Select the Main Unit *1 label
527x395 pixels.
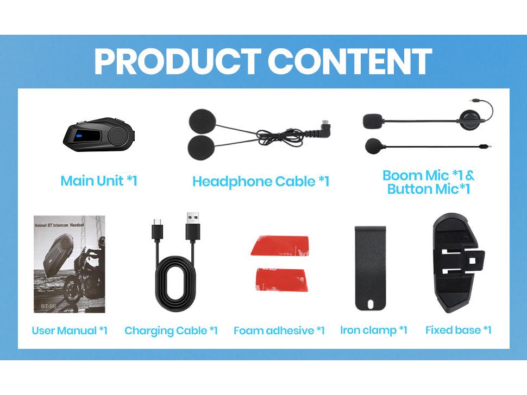pyautogui.click(x=99, y=181)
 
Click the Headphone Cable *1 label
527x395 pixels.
pyautogui.click(x=261, y=181)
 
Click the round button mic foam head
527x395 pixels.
pyautogui.click(x=374, y=145)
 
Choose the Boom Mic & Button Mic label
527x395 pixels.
pyautogui.click(x=428, y=182)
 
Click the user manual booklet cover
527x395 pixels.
pyautogui.click(x=69, y=264)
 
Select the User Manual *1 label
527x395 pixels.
pyautogui.click(x=70, y=330)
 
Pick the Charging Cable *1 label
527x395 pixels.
pyautogui.click(x=171, y=330)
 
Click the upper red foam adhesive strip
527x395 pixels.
pyautogui.click(x=280, y=246)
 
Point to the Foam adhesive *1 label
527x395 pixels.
pyautogui.click(x=279, y=330)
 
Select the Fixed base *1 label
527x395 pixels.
pyautogui.click(x=458, y=330)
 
